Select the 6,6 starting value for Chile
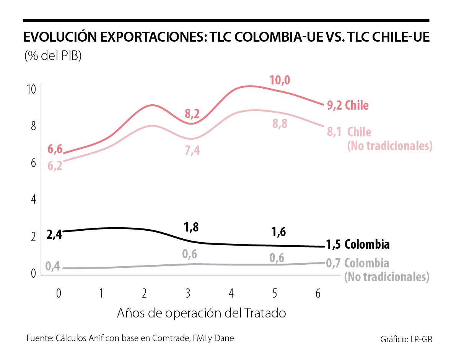click(x=55, y=149)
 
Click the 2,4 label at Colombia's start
click(x=54, y=234)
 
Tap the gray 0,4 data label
click(x=53, y=266)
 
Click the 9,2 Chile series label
click(x=348, y=105)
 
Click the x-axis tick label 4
click(x=231, y=293)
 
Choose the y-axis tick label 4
click(x=33, y=199)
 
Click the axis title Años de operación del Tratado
click(x=202, y=314)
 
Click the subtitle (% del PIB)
click(x=53, y=57)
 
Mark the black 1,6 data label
click(x=278, y=231)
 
